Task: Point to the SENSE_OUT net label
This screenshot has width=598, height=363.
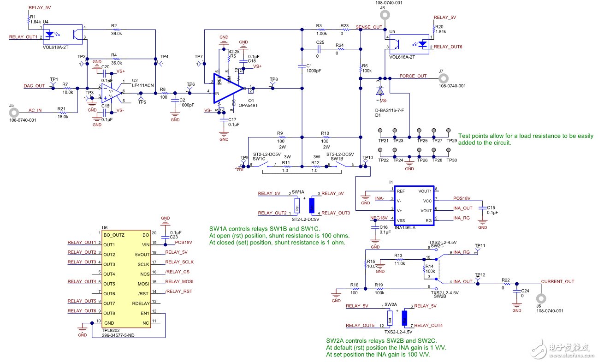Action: pos(369,27)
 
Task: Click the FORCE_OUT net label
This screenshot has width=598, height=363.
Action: pos(413,76)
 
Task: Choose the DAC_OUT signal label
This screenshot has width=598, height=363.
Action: pos(34,86)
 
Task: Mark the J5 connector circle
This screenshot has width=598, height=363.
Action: pos(14,113)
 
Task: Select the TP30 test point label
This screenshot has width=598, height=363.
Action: pos(451,160)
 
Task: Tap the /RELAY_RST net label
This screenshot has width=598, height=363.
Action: pos(178,291)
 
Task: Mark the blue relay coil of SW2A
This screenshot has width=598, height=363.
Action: pos(405,317)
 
